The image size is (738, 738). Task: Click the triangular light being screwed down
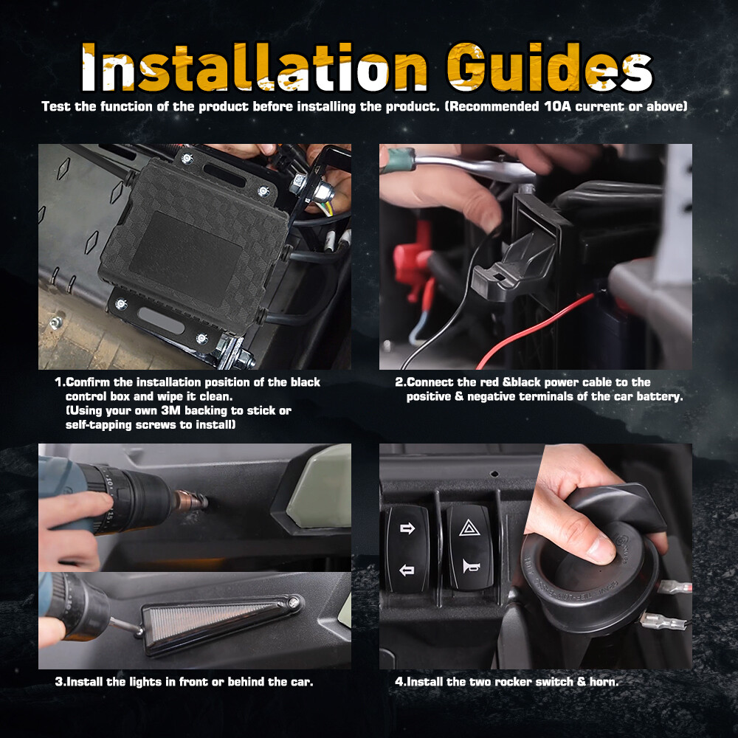(x=221, y=620)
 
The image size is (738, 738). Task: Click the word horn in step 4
(x=602, y=682)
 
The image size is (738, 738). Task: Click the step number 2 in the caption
(x=399, y=382)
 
